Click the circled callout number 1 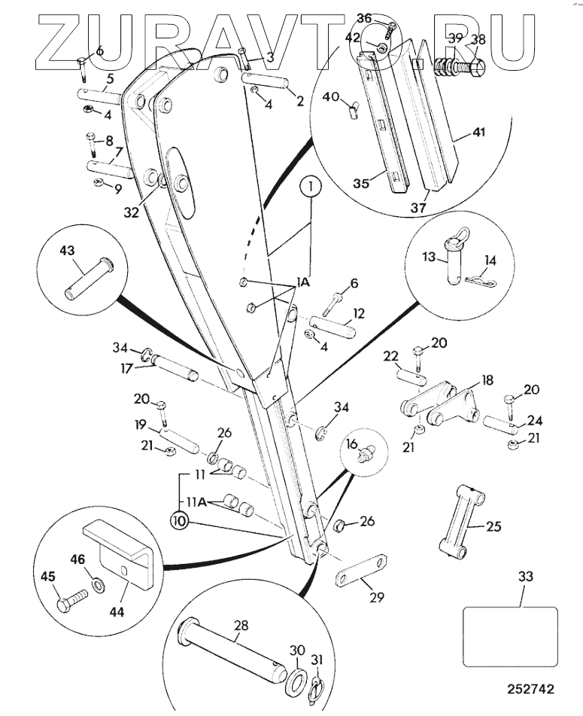pos(311,187)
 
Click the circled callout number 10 pos(180,521)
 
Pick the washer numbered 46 pos(98,585)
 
